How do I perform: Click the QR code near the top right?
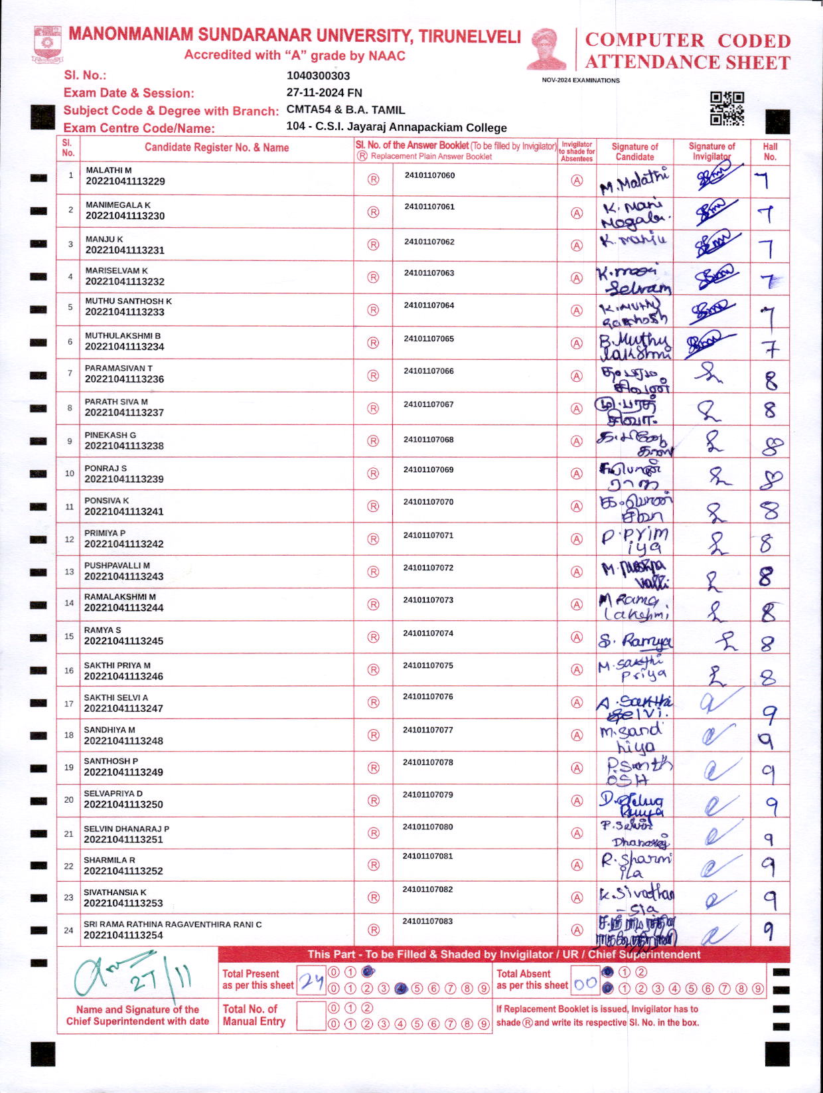pos(727,108)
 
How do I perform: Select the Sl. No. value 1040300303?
pos(318,76)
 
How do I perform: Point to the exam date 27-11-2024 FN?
pos(324,93)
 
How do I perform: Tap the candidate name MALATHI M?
pos(109,171)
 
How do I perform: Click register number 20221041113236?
pos(124,379)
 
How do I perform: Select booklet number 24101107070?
pos(428,502)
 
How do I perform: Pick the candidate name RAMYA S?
pos(102,630)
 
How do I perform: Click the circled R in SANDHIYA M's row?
pos(374,735)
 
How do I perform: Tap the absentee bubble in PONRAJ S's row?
pos(577,473)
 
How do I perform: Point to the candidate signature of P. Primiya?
pos(635,540)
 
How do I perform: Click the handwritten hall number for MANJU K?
pos(767,247)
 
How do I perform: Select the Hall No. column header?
pos(770,151)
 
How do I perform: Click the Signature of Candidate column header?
pos(635,151)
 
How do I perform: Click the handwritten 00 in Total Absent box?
pos(585,984)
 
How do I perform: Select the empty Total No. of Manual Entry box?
pos(311,1015)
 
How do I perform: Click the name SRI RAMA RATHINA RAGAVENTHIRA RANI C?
pos(173,924)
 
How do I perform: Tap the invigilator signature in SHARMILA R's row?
pos(713,865)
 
